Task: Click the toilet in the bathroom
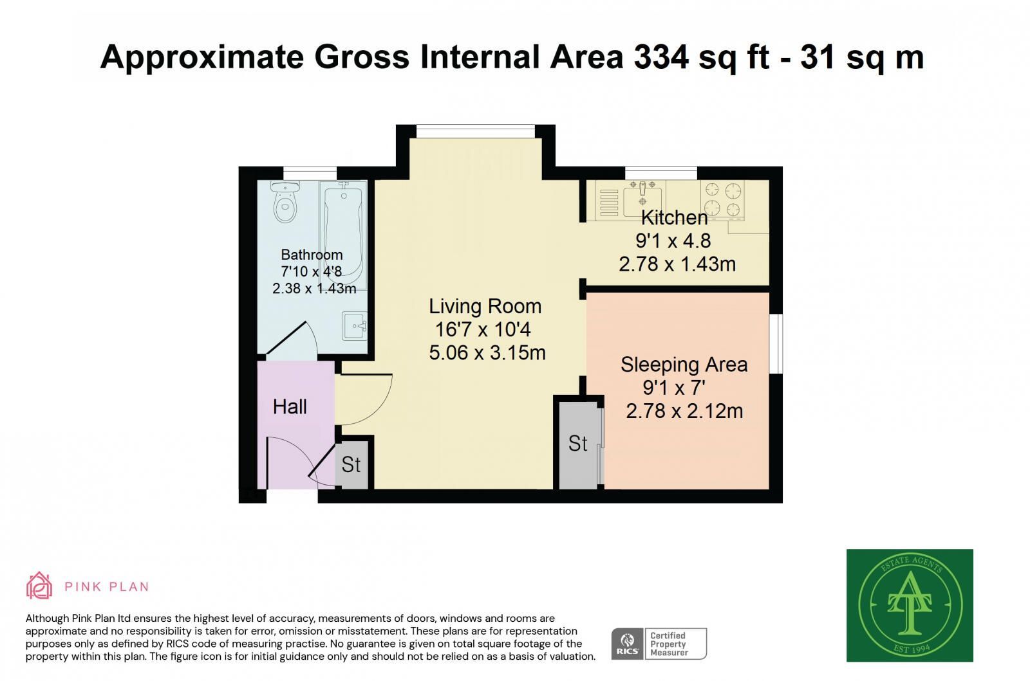click(285, 201)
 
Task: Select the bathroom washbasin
click(355, 326)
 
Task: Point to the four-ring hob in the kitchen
click(722, 199)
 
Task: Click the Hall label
click(290, 407)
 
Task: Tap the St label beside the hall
click(351, 465)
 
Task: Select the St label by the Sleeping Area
click(577, 444)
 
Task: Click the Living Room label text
click(485, 306)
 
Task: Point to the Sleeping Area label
click(684, 365)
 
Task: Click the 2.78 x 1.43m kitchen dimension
click(677, 264)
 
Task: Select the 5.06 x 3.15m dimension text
click(487, 352)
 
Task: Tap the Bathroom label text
click(312, 255)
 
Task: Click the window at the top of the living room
click(476, 131)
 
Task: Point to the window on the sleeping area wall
click(776, 343)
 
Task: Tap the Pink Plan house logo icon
click(39, 585)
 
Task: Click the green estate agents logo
click(910, 605)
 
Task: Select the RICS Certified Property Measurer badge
click(659, 644)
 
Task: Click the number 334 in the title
click(661, 57)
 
